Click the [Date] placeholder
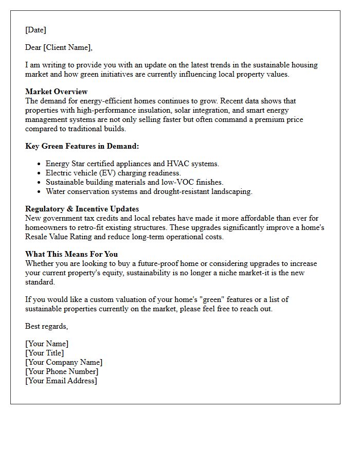(35, 30)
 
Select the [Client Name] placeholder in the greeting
(67, 47)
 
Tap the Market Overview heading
(56, 92)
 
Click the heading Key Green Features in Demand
(82, 146)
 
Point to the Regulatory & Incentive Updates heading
(82, 209)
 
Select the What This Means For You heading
(71, 254)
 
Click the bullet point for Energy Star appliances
(40, 164)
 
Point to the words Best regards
(46, 326)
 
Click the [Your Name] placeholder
(47, 344)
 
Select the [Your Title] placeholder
(45, 353)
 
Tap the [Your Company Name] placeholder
(64, 362)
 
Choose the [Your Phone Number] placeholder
(62, 371)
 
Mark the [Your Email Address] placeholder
(61, 381)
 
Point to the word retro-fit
(99, 227)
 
